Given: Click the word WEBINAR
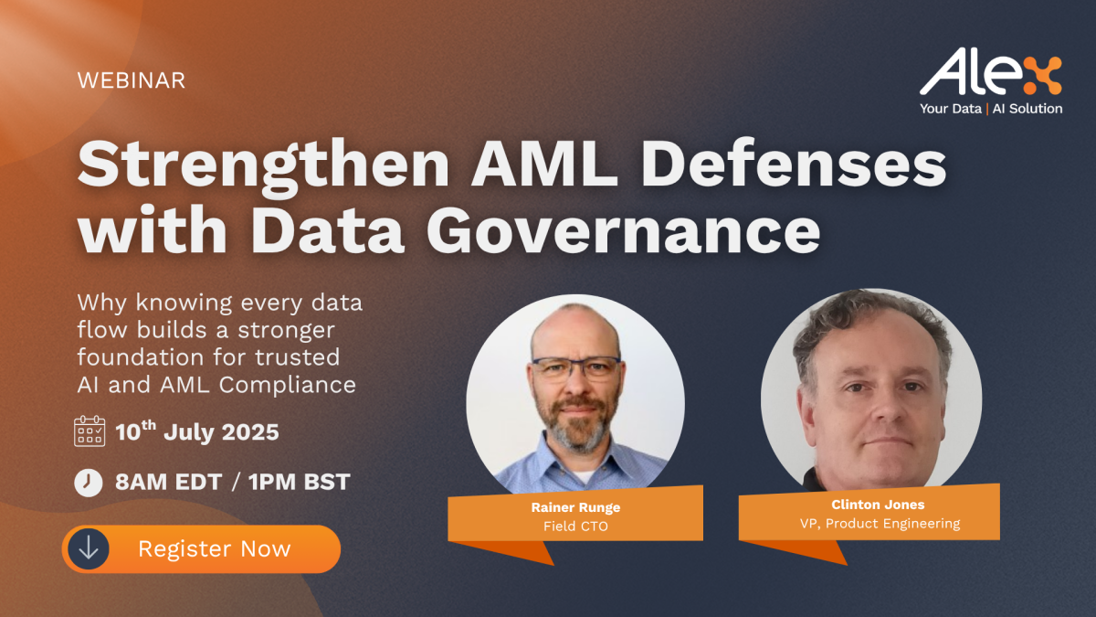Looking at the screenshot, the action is click(x=132, y=80).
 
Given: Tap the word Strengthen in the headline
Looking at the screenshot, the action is click(x=263, y=166).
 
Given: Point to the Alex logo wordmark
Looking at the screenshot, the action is click(x=990, y=72).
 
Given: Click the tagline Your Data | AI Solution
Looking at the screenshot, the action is click(x=991, y=109).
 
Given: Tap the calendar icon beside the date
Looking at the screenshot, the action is click(x=90, y=431).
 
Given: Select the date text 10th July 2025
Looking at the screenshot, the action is click(x=197, y=431).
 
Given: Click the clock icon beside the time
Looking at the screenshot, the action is click(x=89, y=483).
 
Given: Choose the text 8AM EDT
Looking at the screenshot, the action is click(x=169, y=482).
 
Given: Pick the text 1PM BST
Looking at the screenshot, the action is click(x=299, y=482).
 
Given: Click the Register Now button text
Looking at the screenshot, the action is click(x=215, y=549).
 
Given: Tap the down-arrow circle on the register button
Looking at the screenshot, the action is click(x=89, y=549).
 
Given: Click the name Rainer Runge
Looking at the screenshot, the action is click(x=576, y=507).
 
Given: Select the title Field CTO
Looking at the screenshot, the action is click(x=576, y=527).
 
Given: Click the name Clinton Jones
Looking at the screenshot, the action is click(x=878, y=505).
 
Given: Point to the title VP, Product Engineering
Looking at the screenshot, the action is click(x=880, y=524).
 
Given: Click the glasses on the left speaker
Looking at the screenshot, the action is click(x=576, y=368).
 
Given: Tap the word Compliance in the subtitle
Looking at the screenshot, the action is click(x=287, y=385).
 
